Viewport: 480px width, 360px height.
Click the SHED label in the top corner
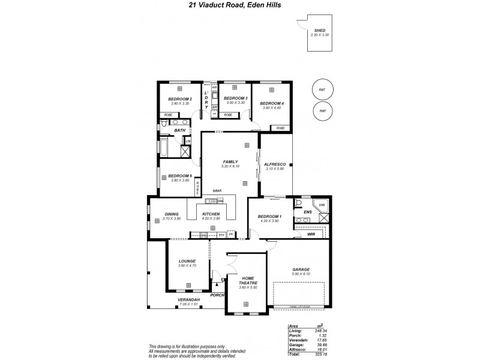319,30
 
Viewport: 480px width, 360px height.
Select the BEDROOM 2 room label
180,98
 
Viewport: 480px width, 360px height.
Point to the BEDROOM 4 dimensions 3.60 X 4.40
271,108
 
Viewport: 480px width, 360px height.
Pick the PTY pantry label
221,235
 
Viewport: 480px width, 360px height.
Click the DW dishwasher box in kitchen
220,200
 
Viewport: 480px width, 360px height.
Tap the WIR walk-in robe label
310,234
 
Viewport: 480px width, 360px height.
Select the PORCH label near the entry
217,295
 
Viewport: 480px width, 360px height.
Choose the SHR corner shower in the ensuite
321,205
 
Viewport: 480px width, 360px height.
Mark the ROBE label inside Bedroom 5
197,188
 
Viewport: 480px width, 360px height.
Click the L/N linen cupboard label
188,141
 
